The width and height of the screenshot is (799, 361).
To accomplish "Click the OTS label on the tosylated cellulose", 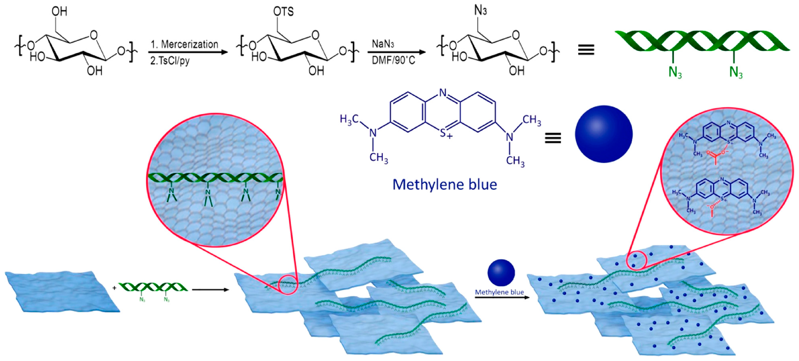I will coord(283,12).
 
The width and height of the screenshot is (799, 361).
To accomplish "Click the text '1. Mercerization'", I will coord(184,44).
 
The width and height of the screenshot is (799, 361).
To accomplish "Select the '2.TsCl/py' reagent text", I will coord(170,60).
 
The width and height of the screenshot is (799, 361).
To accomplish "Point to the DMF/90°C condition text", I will coord(393,60).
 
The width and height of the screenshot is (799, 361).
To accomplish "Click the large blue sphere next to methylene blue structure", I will coord(603,134).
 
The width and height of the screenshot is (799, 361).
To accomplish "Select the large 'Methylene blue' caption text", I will coord(445,185).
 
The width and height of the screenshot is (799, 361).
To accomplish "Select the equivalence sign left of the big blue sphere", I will coord(553,138).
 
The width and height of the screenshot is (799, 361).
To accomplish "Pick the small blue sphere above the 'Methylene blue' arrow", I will coord(501,272).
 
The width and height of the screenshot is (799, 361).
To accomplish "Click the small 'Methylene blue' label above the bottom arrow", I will coord(499,292).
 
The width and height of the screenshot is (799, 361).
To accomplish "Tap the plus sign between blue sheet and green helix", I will coord(115,288).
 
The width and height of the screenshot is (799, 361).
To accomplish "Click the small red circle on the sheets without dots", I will coord(288,284).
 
